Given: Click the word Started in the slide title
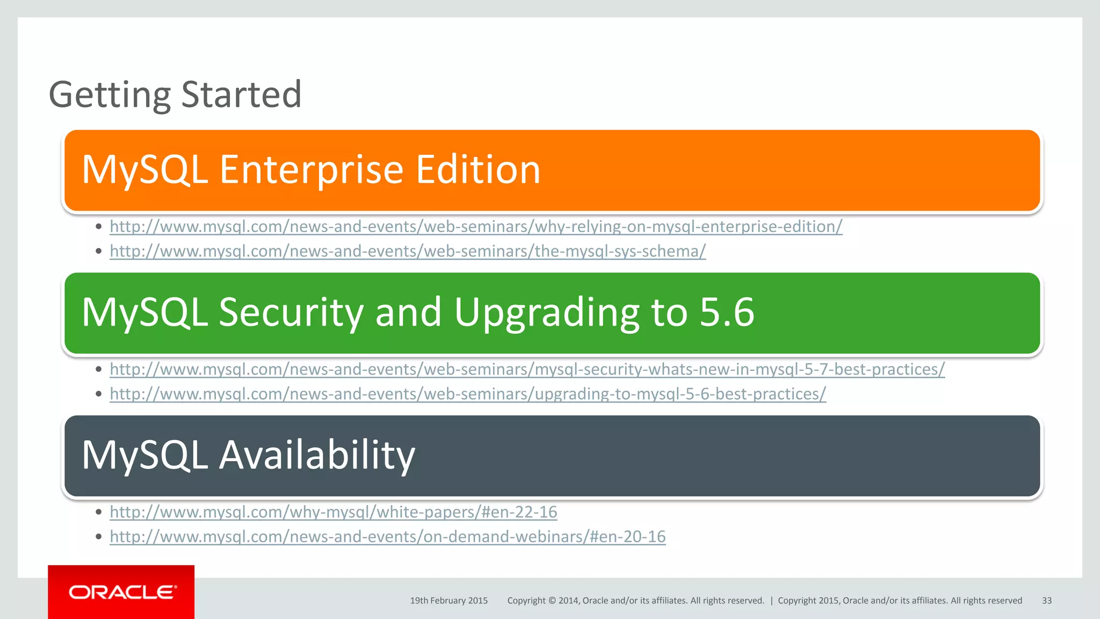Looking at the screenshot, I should [241, 95].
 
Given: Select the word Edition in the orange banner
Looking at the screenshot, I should [478, 170].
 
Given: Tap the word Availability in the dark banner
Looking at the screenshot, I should [317, 456].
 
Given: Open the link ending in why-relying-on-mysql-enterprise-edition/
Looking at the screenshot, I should [476, 227].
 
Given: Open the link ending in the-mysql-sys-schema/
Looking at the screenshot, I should [408, 251].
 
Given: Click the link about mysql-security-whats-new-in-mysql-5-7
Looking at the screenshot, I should [527, 370].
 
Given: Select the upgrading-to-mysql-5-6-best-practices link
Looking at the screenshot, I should [468, 394].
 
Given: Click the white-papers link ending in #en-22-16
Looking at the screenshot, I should [333, 512].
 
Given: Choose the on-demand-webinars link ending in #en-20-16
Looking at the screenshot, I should [387, 537].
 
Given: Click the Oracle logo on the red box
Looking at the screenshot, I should [122, 592].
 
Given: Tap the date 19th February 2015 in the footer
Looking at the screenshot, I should [448, 601].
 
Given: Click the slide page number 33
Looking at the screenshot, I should [1047, 601].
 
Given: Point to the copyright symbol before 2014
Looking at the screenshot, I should [552, 601].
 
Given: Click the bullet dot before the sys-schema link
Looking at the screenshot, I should [98, 251].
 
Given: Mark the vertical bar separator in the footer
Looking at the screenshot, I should [771, 601].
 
